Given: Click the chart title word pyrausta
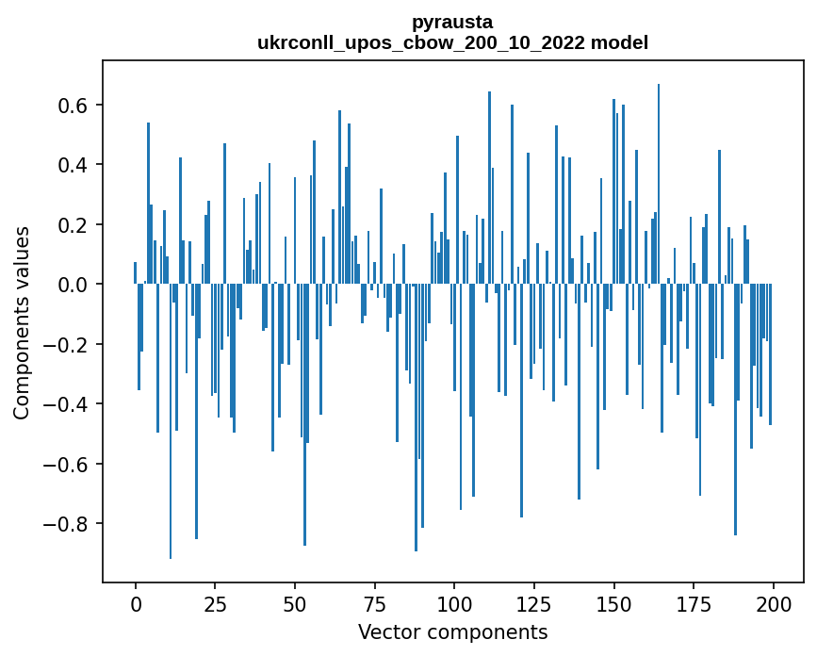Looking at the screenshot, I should pyautogui.click(x=452, y=22).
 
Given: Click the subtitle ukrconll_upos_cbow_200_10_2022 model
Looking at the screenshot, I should pyautogui.click(x=452, y=42).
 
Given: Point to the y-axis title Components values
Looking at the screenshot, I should pyautogui.click(x=22, y=322).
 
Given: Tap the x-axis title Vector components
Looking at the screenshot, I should pyautogui.click(x=452, y=631).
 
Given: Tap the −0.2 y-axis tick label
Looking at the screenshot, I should pyautogui.click(x=67, y=345).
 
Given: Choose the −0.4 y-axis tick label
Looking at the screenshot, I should pyautogui.click(x=67, y=404).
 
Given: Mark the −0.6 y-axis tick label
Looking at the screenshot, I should pyautogui.click(x=67, y=464).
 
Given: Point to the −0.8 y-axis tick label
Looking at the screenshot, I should pyautogui.click(x=67, y=524).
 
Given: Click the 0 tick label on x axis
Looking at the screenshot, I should pyautogui.click(x=136, y=603).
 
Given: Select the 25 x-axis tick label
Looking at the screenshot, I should pyautogui.click(x=215, y=603).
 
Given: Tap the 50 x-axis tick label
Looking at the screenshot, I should pyautogui.click(x=295, y=603).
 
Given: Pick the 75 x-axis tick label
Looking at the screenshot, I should pyautogui.click(x=375, y=603).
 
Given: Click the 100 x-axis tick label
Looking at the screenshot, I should pyautogui.click(x=454, y=603).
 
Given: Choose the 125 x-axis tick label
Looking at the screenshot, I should pyautogui.click(x=534, y=603).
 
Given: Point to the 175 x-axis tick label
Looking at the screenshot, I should pyautogui.click(x=694, y=603).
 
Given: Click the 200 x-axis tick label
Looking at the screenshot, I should pyautogui.click(x=773, y=603).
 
